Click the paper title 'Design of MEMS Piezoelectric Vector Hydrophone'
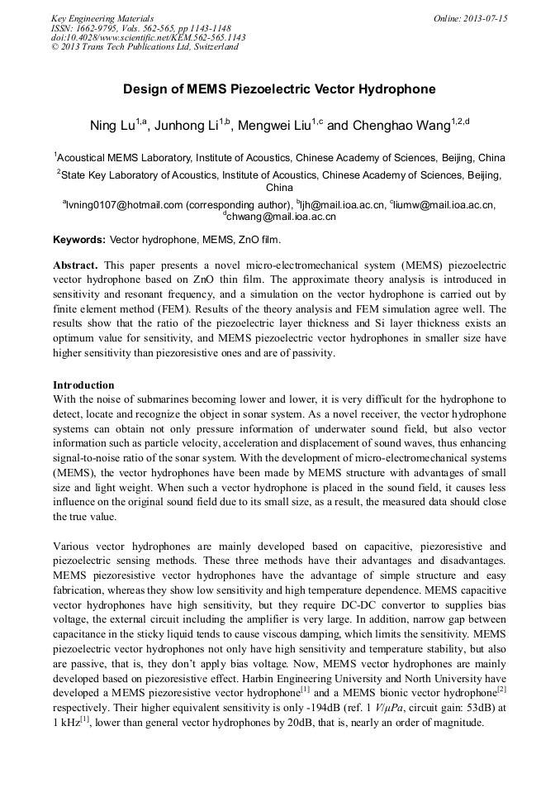[x=279, y=88]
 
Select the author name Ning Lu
[x=112, y=126]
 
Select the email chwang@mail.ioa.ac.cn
[x=281, y=217]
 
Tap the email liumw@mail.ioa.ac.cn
[x=445, y=205]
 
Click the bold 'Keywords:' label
[x=79, y=240]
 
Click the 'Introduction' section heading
[x=83, y=385]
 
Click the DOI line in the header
[x=148, y=37]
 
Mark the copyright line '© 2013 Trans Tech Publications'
[x=145, y=47]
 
